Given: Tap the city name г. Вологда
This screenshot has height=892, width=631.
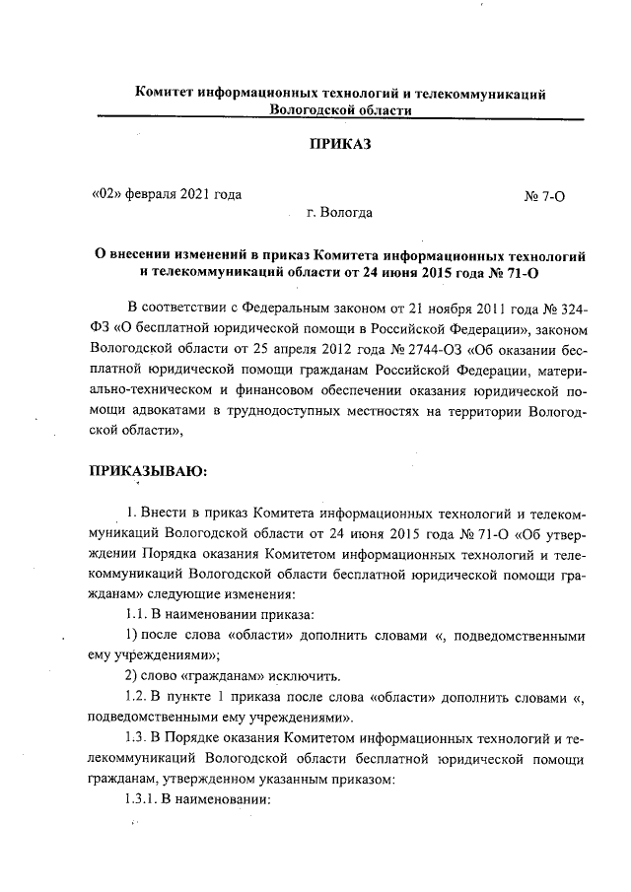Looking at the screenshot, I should (x=339, y=212).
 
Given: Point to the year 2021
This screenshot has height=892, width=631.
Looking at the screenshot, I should (x=197, y=193).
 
